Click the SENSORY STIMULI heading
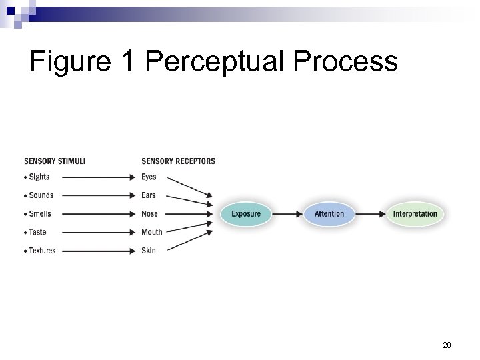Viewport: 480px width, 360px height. pyautogui.click(x=55, y=161)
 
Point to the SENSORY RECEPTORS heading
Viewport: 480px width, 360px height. pyautogui.click(x=178, y=161)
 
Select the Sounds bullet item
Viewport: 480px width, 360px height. pyautogui.click(x=41, y=195)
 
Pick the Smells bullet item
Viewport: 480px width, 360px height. pyautogui.click(x=40, y=214)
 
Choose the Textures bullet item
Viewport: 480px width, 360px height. pyautogui.click(x=42, y=251)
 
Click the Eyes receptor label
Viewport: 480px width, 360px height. pyautogui.click(x=149, y=177)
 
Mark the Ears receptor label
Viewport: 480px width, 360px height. pyautogui.click(x=149, y=195)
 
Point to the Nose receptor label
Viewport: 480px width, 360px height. pyautogui.click(x=149, y=214)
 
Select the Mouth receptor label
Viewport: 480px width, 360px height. pyautogui.click(x=151, y=232)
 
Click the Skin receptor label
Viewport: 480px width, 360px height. pyautogui.click(x=148, y=251)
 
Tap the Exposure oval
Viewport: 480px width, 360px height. pyautogui.click(x=246, y=214)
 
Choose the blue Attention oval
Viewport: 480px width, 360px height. pyautogui.click(x=329, y=214)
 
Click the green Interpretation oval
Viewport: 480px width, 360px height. pyautogui.click(x=415, y=214)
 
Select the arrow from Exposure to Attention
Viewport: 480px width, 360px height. pyautogui.click(x=287, y=214)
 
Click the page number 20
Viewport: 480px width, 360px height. pyautogui.click(x=447, y=345)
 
